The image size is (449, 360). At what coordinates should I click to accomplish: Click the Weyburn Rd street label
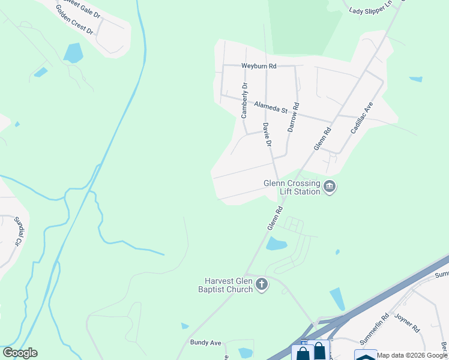click(x=259, y=66)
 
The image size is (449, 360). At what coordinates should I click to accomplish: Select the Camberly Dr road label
click(x=244, y=100)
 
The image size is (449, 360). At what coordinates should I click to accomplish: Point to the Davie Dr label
click(x=267, y=135)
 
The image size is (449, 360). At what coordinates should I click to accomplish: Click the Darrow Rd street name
click(x=293, y=118)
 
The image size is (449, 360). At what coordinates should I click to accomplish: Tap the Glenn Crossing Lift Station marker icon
click(x=329, y=187)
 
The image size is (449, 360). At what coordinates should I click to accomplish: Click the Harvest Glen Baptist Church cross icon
click(x=262, y=285)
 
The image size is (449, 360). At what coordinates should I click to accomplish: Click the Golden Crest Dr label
click(x=75, y=23)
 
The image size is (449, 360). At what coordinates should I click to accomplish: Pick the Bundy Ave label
click(x=206, y=343)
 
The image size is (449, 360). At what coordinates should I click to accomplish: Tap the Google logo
click(x=20, y=353)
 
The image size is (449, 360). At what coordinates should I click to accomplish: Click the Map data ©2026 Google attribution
click(x=412, y=355)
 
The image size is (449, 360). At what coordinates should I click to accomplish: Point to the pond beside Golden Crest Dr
click(x=73, y=53)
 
